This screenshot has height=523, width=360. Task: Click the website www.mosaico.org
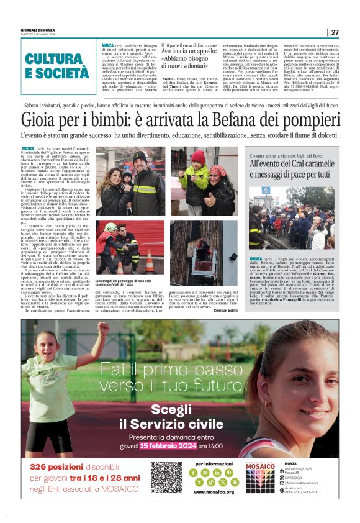(214, 492)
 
